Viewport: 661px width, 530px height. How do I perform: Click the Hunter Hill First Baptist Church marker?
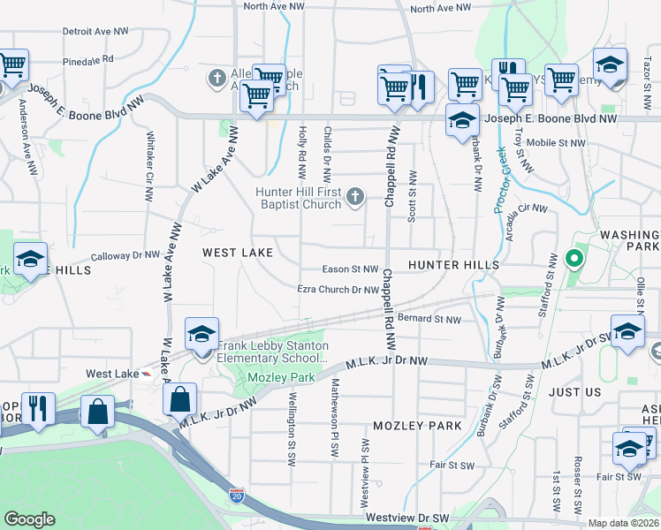click(355, 196)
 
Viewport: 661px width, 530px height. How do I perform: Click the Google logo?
click(30, 519)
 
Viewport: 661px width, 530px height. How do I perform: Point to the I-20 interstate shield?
click(236, 496)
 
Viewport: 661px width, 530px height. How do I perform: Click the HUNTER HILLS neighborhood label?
click(453, 265)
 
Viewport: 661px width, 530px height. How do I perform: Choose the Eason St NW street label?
click(351, 269)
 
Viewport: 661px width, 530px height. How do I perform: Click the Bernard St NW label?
click(429, 319)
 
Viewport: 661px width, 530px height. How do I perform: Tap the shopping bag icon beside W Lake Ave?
click(180, 399)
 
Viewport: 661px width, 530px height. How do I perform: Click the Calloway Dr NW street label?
click(125, 255)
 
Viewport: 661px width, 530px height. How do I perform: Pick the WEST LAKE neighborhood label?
click(238, 253)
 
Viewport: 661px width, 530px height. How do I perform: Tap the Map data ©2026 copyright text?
click(623, 523)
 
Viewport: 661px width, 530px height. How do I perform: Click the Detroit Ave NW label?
click(98, 31)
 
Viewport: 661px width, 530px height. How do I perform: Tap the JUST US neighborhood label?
click(574, 391)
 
